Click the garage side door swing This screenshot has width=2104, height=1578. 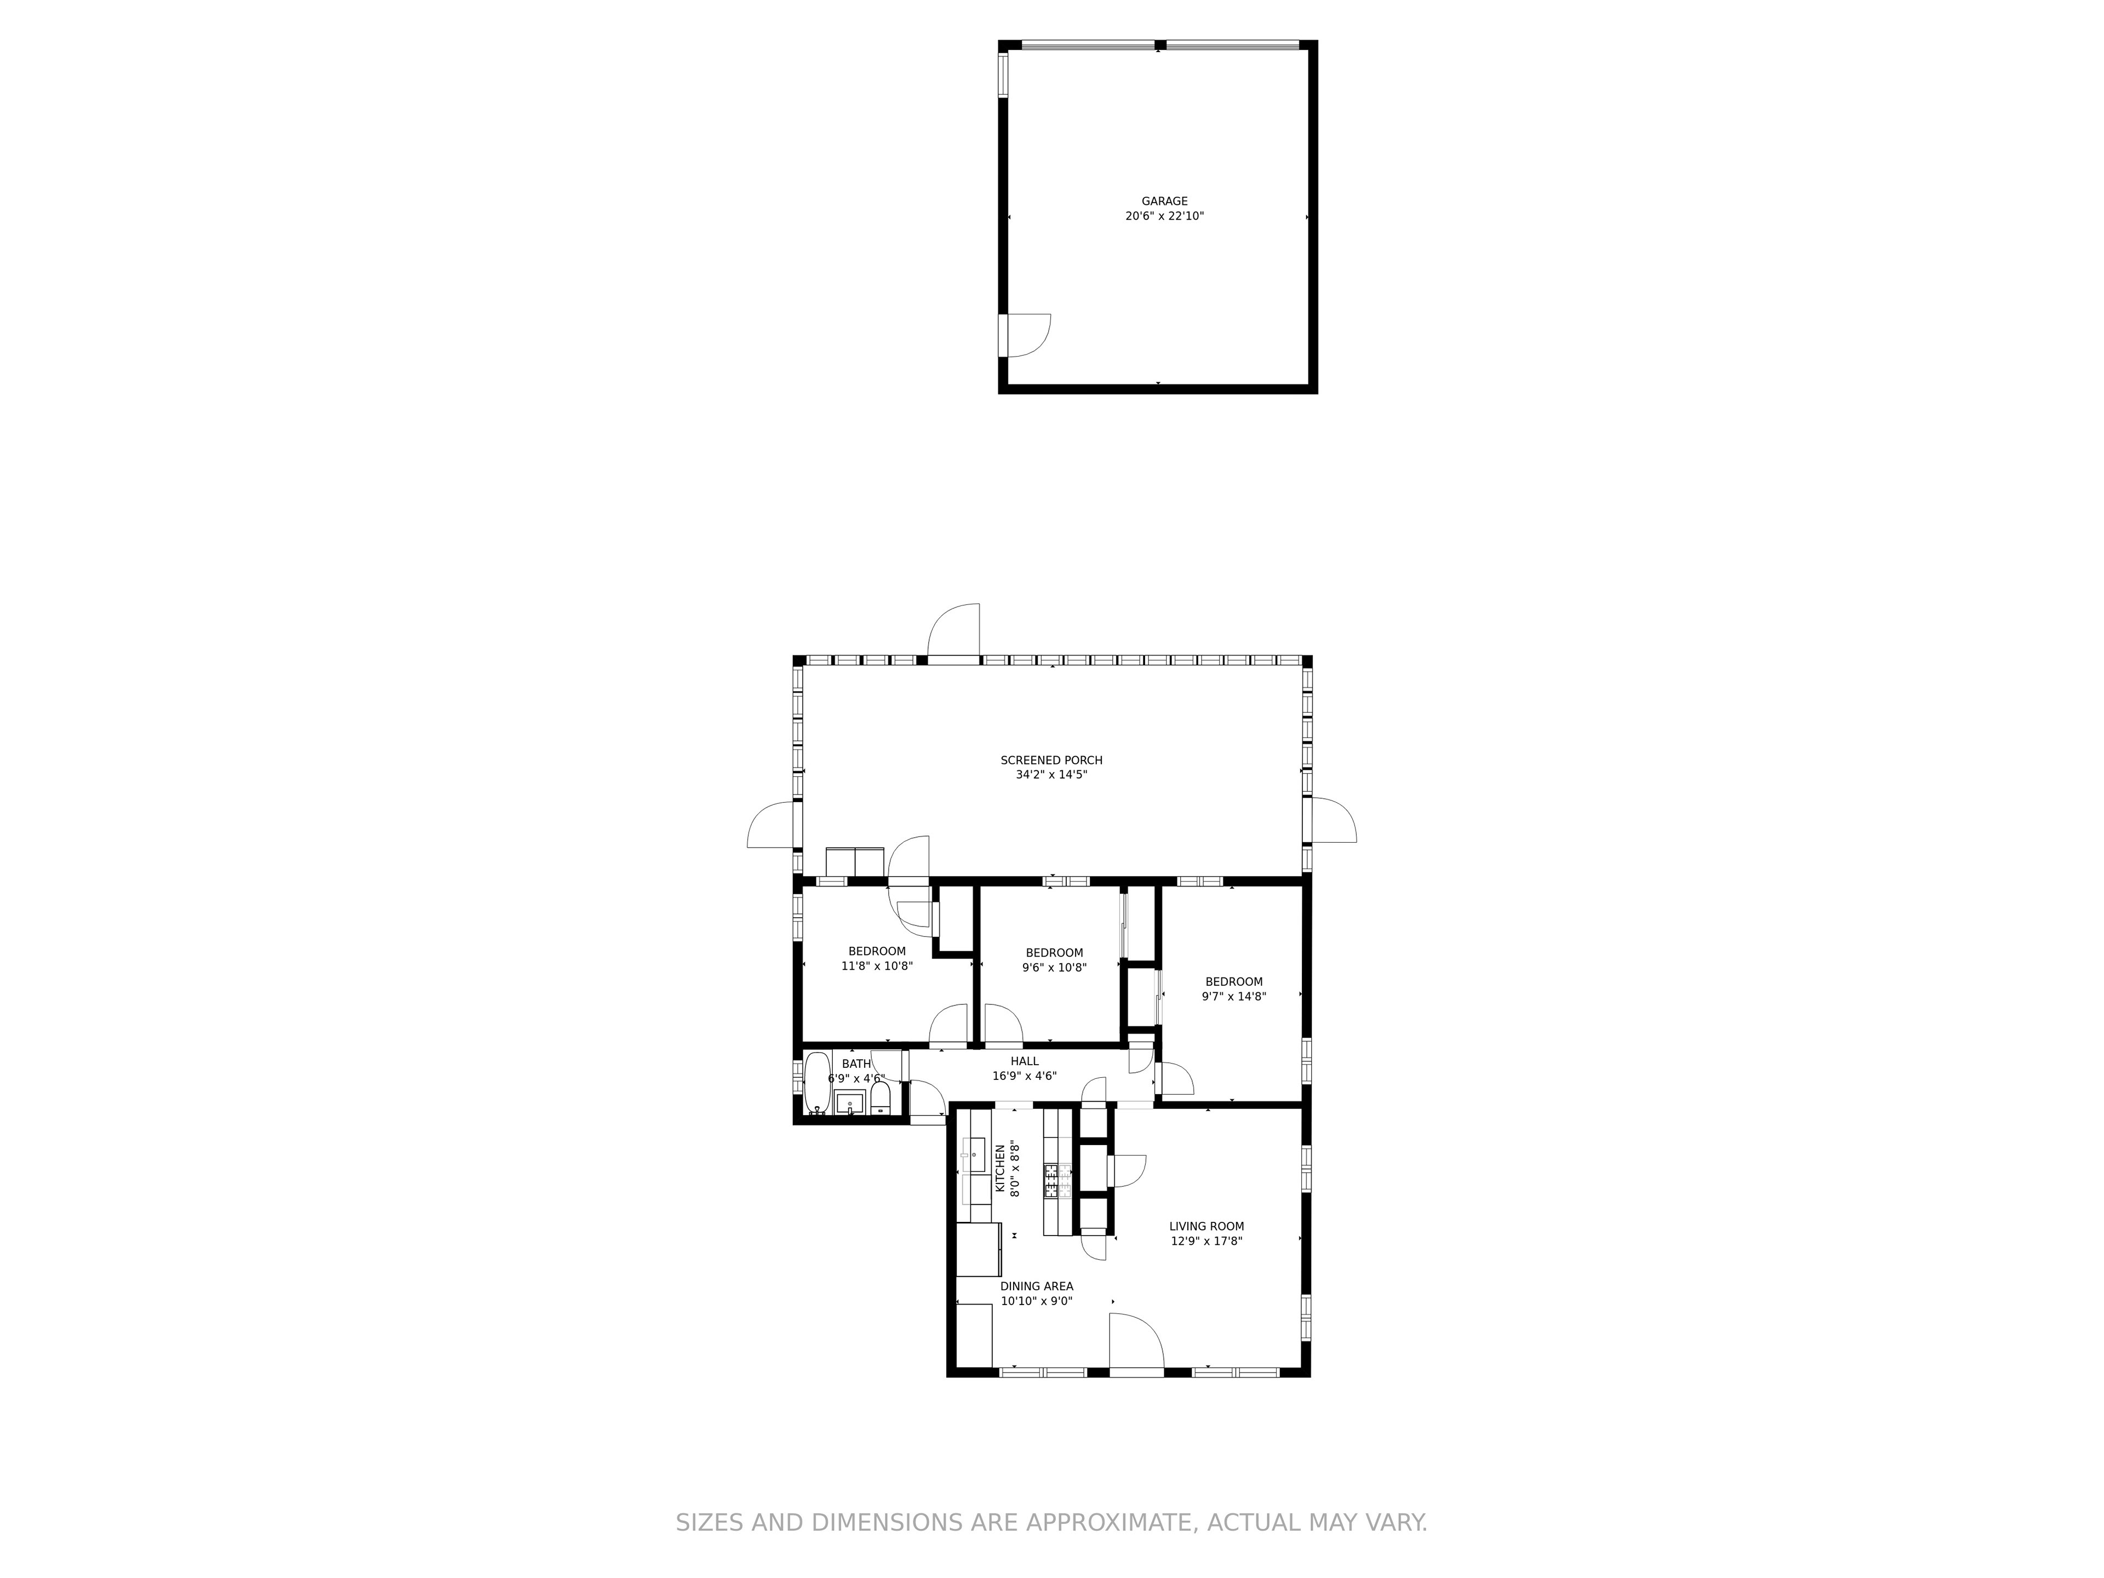(x=1029, y=335)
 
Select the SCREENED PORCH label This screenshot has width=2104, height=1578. (x=1051, y=760)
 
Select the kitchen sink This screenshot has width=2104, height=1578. (x=974, y=1156)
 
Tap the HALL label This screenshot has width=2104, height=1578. (x=1025, y=1061)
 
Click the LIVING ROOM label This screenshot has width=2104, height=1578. (x=1206, y=1226)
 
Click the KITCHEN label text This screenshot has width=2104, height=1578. (x=1000, y=1168)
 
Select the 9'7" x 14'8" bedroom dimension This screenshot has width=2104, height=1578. (x=1234, y=997)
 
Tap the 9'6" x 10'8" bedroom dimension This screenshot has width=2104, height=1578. (x=1054, y=967)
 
